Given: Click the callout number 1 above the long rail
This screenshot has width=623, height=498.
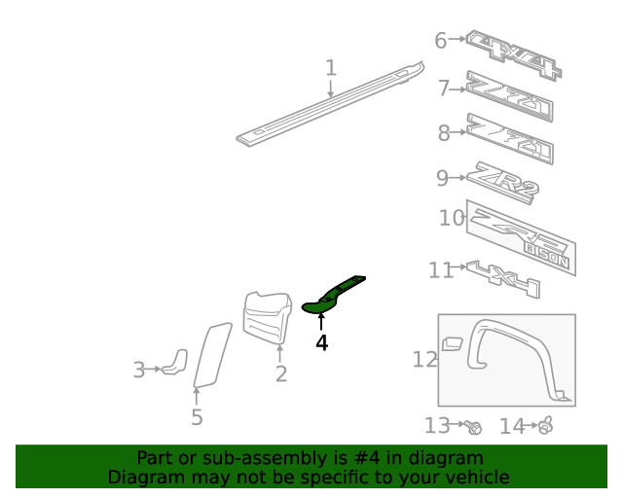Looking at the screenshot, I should pyautogui.click(x=331, y=68).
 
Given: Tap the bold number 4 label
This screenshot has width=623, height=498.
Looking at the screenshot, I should pyautogui.click(x=321, y=342).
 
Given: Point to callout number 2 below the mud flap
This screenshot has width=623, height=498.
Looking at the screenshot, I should pyautogui.click(x=281, y=373).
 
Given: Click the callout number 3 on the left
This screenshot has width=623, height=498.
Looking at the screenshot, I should pyautogui.click(x=139, y=370).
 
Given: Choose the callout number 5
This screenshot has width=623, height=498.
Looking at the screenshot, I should pyautogui.click(x=197, y=417).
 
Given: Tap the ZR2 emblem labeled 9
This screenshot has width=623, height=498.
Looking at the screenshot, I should pyautogui.click(x=502, y=183).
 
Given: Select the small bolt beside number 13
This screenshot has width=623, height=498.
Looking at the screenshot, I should pyautogui.click(x=474, y=426).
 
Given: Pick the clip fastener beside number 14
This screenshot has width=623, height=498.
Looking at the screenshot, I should pyautogui.click(x=545, y=425).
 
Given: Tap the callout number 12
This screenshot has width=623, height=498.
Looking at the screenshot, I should pyautogui.click(x=425, y=360).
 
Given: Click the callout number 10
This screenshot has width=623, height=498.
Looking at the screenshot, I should pyautogui.click(x=452, y=218).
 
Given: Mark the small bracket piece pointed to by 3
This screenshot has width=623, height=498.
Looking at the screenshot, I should pyautogui.click(x=176, y=361).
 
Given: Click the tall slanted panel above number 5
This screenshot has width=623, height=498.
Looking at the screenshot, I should pyautogui.click(x=211, y=355).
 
